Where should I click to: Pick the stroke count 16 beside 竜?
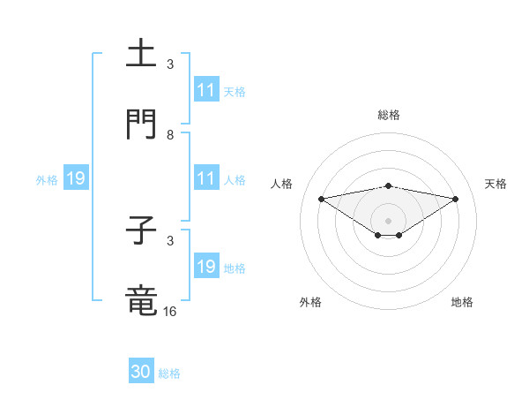coord(170,311)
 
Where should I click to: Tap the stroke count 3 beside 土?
coord(170,64)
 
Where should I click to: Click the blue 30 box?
coord(141,372)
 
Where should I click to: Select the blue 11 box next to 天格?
coord(206,90)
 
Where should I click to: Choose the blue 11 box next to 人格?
coord(206,178)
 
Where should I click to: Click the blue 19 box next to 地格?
coord(206,267)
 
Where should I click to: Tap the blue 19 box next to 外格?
coord(76,178)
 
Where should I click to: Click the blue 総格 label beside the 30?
coord(169,373)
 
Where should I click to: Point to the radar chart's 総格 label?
coord(389,115)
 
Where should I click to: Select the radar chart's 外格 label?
coord(310,302)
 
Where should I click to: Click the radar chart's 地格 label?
coord(462,302)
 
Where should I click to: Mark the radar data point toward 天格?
coord(456,199)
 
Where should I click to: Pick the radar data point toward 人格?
coord(321,198)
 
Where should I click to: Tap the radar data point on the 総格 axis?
coord(388,185)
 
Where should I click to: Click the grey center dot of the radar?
coord(388,220)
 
